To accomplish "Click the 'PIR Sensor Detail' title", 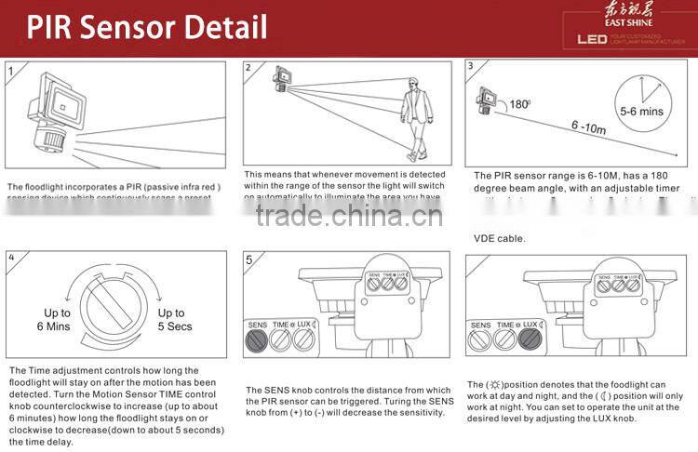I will click(x=147, y=27).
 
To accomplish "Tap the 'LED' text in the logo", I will click(x=592, y=40).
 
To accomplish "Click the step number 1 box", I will click(x=11, y=70).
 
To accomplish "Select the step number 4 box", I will click(x=11, y=258).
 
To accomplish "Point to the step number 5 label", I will click(x=248, y=259).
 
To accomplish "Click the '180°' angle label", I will click(x=519, y=104).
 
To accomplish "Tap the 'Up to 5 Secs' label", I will click(x=174, y=320).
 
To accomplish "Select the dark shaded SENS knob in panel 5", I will click(x=258, y=339).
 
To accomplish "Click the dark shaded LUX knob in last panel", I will click(x=530, y=339).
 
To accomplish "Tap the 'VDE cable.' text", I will click(x=500, y=238).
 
